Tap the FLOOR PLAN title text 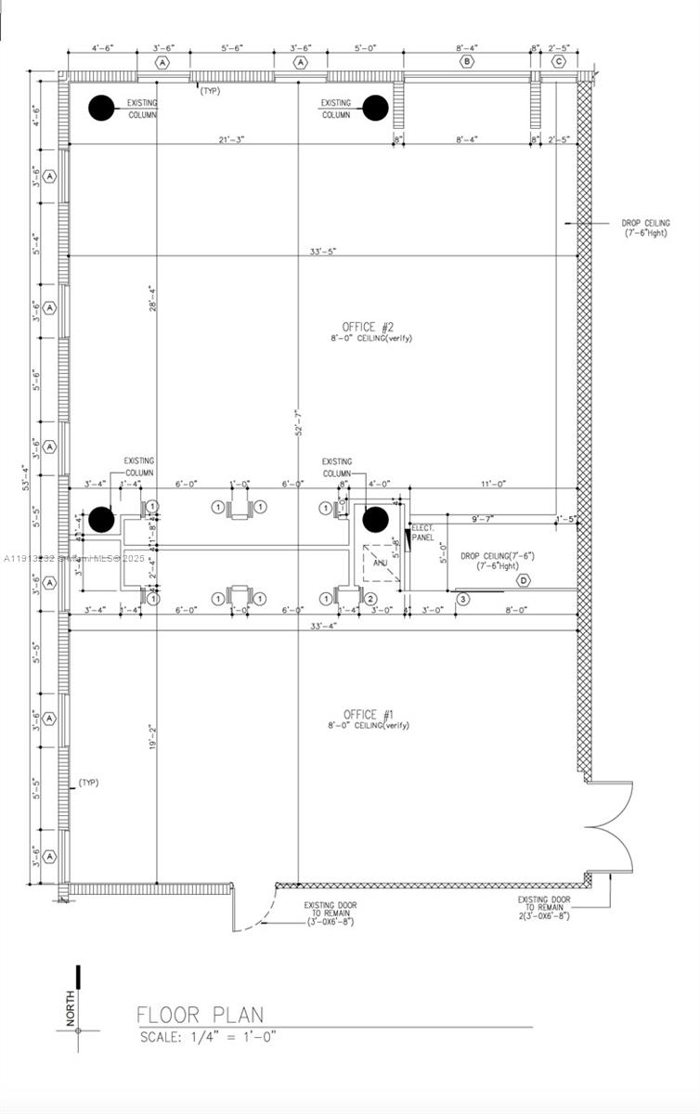200,1015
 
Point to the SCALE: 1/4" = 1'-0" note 208,1035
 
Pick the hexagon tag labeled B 466,62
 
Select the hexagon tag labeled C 558,62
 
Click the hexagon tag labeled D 523,581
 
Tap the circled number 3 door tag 463,600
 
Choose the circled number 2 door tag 369,600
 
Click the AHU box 381,563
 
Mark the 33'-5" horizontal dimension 323,252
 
